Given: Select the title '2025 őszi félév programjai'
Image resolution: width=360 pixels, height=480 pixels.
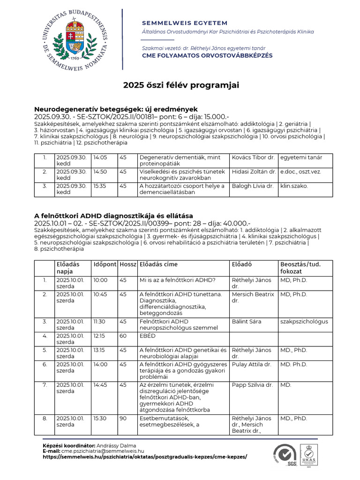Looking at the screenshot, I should tap(181, 85).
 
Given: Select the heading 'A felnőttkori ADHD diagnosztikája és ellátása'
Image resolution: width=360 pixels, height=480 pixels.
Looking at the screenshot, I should tap(113, 216).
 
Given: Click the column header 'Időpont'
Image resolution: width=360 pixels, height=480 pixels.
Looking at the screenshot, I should tap(104, 264).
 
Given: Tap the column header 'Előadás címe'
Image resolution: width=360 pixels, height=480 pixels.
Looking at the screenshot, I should tap(158, 264).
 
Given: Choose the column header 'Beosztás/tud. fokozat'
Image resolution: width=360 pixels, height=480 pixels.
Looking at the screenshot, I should tap(300, 268).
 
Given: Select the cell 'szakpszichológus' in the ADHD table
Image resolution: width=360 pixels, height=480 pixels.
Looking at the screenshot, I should tap(304, 322).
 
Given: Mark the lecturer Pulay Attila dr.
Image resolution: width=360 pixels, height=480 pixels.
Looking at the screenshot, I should tap(251, 364).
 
